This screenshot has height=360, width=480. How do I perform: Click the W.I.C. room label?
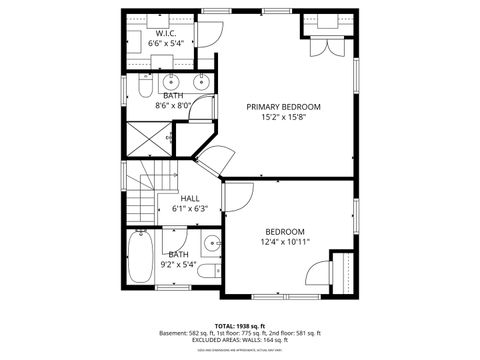tap(166, 33)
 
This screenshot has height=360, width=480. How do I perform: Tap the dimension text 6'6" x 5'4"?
tap(166, 44)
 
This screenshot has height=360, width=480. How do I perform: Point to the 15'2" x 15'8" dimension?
tap(284, 116)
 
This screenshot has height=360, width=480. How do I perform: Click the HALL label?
tap(189, 198)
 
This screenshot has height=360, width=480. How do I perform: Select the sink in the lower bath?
tap(211, 243)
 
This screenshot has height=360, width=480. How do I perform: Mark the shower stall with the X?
tap(147, 137)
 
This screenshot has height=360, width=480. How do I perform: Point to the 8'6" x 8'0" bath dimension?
tap(172, 106)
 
